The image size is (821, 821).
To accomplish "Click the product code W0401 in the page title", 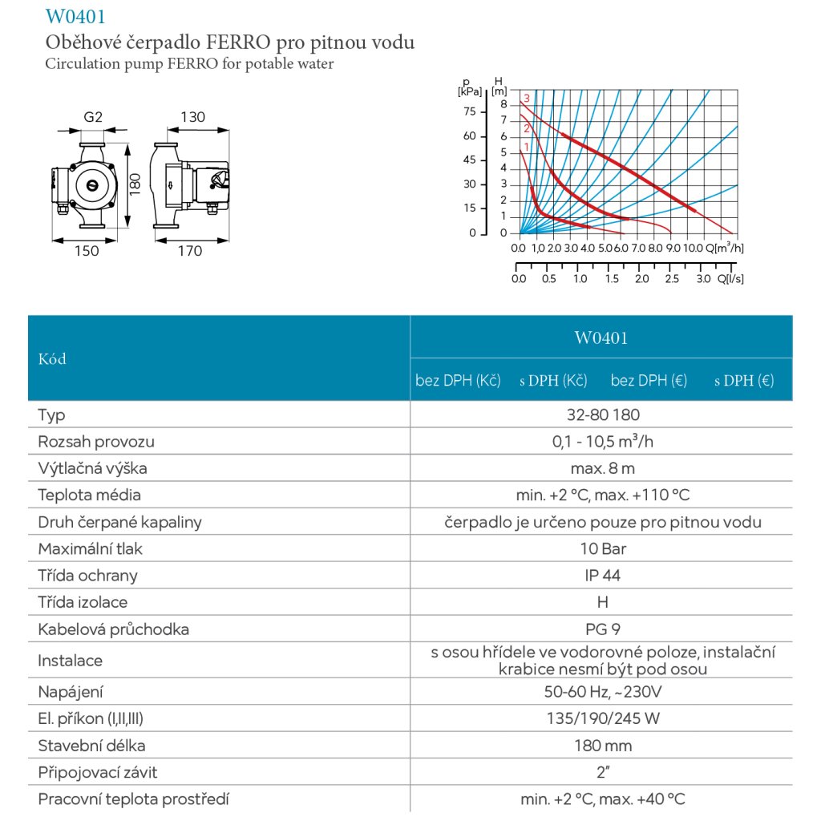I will point(76,16).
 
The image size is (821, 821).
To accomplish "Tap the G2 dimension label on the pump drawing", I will point(94,117).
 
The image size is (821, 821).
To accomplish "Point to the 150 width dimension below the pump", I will point(87,251).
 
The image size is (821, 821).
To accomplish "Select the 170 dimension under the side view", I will point(189,251).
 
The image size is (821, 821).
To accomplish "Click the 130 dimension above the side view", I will point(192,117).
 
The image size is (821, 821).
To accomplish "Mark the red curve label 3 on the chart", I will point(527,99).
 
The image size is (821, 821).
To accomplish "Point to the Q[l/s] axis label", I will point(730,279).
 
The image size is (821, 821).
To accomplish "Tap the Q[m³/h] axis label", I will point(726,247).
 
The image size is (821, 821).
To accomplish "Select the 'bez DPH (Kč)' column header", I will point(458,381).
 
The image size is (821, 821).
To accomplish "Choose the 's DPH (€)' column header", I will point(744,381).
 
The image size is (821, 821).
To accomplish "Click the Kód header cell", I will point(52,358).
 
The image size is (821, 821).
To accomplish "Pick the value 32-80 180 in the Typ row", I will point(601,415).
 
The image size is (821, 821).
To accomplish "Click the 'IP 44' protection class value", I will point(602,576).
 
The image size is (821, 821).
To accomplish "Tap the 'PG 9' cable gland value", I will point(601,629).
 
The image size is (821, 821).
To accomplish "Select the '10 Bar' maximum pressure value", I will point(602,549).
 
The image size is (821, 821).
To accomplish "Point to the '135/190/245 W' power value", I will point(601,718).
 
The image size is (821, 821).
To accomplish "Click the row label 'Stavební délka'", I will point(91,746).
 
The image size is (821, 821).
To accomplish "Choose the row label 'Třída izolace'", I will point(83,602).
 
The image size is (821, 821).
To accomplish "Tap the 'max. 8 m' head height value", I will point(601,468).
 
